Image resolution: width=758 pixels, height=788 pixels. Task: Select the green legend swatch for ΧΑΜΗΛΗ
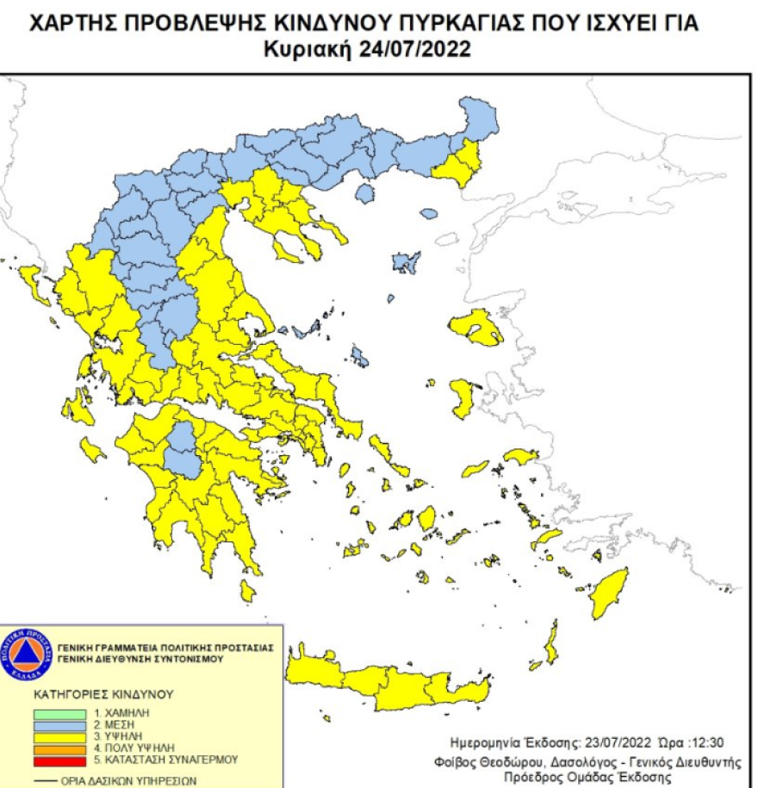[x=60, y=714]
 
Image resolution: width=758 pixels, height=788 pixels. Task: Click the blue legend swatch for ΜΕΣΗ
[x=60, y=726]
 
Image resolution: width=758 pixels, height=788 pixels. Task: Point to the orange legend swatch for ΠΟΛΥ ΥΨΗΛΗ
[x=60, y=748]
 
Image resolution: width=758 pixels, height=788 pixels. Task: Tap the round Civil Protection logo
[x=28, y=653]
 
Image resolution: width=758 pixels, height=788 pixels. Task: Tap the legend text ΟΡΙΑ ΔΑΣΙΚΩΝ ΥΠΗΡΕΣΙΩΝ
[x=128, y=781]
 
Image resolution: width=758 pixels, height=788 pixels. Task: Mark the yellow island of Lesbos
[x=476, y=328]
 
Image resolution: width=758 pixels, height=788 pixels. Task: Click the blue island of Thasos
[x=364, y=193]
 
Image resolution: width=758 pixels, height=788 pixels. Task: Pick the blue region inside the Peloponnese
[x=183, y=449]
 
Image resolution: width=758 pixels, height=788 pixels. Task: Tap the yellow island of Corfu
[x=34, y=285]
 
